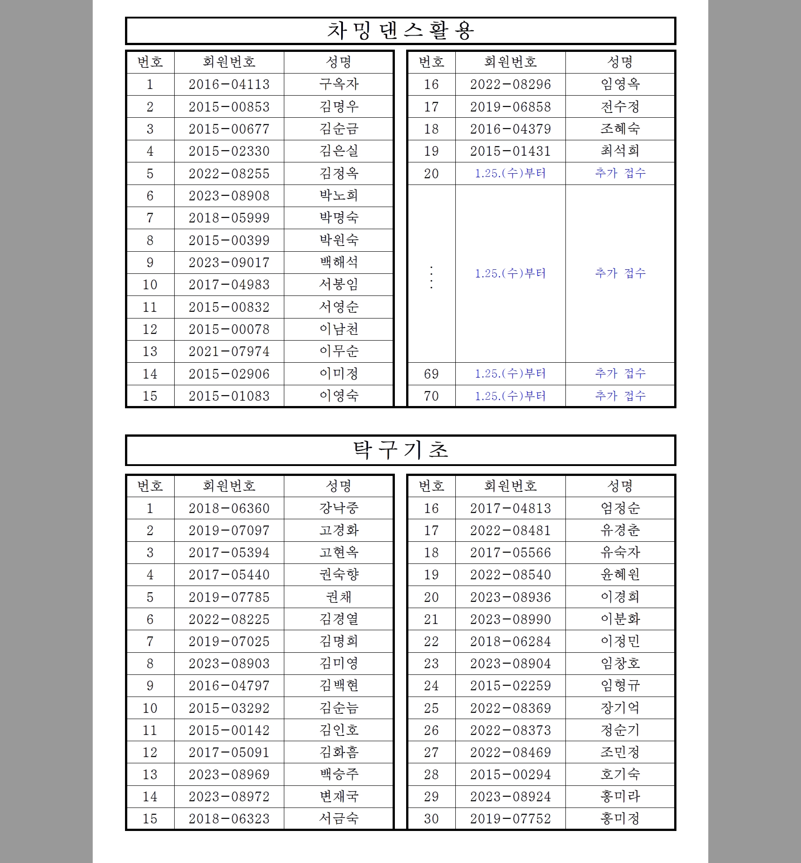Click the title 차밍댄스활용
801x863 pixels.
coord(400,31)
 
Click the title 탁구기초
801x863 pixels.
coord(400,450)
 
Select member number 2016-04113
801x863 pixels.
coord(229,84)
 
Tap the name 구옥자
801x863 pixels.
coord(338,84)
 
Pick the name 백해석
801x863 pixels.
coord(338,263)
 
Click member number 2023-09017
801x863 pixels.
coord(229,263)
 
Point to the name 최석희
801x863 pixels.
coord(620,151)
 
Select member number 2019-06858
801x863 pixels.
coord(510,107)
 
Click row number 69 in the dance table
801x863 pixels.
coord(431,374)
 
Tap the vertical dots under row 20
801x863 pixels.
coord(431,277)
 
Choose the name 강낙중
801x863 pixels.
coord(338,508)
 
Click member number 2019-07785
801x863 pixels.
coord(229,597)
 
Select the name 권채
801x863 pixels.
coord(338,597)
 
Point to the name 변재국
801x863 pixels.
coord(338,797)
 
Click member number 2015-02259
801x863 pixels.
coord(510,686)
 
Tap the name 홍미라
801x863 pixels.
coord(620,797)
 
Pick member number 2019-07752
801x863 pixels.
coord(510,819)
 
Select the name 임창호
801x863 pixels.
coord(620,664)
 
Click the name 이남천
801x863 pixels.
coord(338,329)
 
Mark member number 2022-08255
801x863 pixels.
coord(229,174)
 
